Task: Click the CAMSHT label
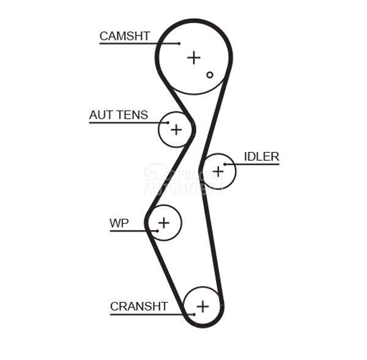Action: (124, 36)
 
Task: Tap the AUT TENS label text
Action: (118, 115)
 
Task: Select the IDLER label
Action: (261, 156)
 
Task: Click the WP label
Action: (119, 223)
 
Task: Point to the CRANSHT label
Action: (139, 306)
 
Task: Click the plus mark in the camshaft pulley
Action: (194, 57)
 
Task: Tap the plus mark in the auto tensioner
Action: (176, 130)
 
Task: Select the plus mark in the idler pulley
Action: (218, 171)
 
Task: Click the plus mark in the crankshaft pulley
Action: (202, 306)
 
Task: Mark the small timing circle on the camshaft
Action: (210, 75)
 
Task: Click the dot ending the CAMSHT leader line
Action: (179, 43)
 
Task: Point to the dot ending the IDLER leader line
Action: (225, 164)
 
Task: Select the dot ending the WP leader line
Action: (158, 230)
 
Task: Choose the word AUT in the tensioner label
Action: (101, 115)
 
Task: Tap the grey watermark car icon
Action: (157, 172)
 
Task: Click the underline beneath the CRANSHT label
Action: (147, 314)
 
